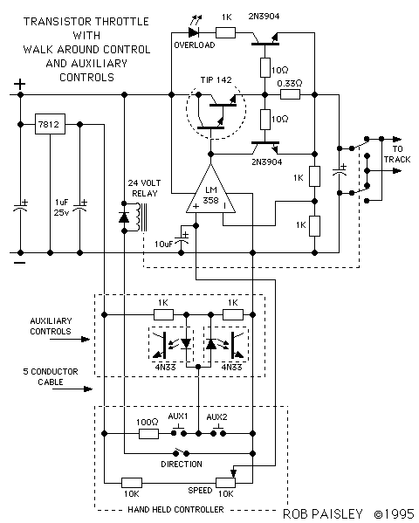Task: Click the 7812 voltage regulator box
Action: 50,124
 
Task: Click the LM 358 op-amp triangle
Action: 211,192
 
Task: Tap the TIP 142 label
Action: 216,80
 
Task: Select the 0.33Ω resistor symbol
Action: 290,94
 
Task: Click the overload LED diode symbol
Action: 194,32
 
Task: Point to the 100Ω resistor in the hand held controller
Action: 148,434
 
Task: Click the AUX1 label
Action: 178,416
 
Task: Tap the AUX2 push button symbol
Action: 218,430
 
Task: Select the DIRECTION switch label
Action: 182,465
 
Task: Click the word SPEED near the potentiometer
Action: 200,491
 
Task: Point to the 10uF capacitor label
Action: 163,244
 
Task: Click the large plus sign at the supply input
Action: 20,84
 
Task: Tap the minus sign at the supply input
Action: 20,263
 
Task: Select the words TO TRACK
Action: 397,154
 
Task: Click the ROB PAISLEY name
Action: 323,514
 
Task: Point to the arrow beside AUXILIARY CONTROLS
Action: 70,340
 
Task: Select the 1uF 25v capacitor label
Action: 62,207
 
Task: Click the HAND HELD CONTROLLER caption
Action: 175,509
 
